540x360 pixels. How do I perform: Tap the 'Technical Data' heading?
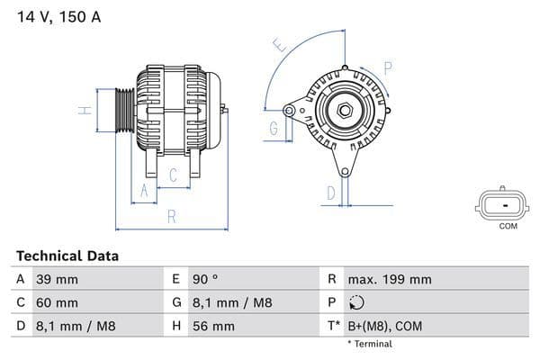[x=67, y=256]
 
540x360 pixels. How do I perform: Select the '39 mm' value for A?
[x=56, y=280]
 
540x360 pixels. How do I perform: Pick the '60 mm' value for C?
[x=56, y=303]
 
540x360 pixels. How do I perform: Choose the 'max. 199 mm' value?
[x=391, y=280]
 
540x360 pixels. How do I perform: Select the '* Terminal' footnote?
[x=370, y=344]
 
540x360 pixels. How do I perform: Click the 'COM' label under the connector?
[x=508, y=226]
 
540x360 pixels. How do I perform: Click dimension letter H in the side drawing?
[x=84, y=111]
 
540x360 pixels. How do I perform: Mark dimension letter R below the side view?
[x=172, y=216]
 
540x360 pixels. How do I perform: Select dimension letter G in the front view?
[x=273, y=129]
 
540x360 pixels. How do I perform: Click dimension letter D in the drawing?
[x=330, y=192]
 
